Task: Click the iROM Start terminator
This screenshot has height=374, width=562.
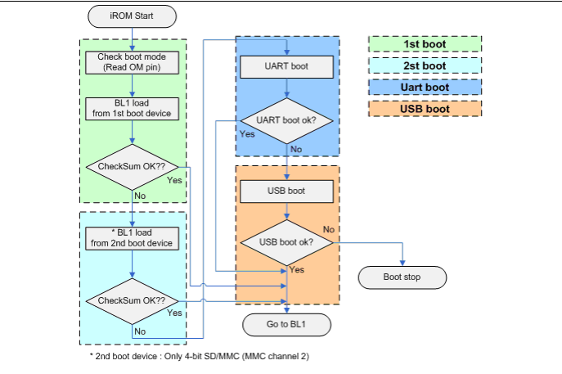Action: click(x=133, y=16)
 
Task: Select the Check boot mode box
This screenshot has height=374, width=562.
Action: click(x=132, y=61)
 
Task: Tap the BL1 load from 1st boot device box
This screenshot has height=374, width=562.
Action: click(x=132, y=108)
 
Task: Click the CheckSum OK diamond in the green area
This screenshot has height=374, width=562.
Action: click(x=132, y=167)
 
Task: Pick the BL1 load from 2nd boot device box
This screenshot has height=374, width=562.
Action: click(x=132, y=237)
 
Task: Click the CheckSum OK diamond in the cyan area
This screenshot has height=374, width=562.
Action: click(x=132, y=301)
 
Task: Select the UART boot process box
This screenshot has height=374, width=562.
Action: click(x=286, y=66)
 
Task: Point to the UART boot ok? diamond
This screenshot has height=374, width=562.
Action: click(x=286, y=121)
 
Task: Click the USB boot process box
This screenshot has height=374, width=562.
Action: click(x=286, y=192)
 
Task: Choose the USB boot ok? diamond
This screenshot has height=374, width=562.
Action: click(x=286, y=242)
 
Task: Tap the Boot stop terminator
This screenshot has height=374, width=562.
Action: click(x=402, y=277)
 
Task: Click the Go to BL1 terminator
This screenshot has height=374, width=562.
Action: click(x=286, y=325)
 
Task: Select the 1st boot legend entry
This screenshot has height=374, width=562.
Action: click(x=425, y=43)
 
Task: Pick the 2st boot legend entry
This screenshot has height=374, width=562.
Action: click(x=425, y=65)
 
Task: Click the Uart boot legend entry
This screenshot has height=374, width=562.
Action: click(x=425, y=87)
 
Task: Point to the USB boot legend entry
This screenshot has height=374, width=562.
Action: click(x=425, y=108)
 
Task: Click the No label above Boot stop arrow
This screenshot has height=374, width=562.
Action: click(x=329, y=229)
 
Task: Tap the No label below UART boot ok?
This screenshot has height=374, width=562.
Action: click(x=296, y=149)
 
